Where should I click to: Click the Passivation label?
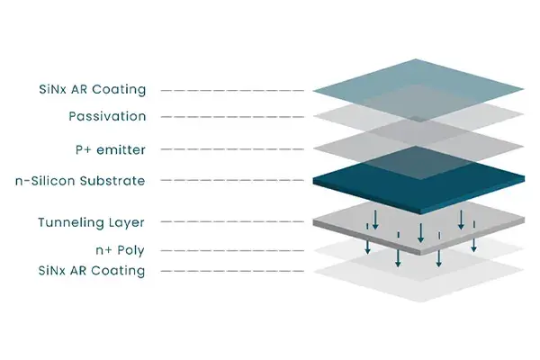point(107,117)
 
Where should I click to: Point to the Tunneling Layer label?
point(91,222)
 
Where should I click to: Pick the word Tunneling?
point(72,222)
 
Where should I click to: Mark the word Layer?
point(128,222)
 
